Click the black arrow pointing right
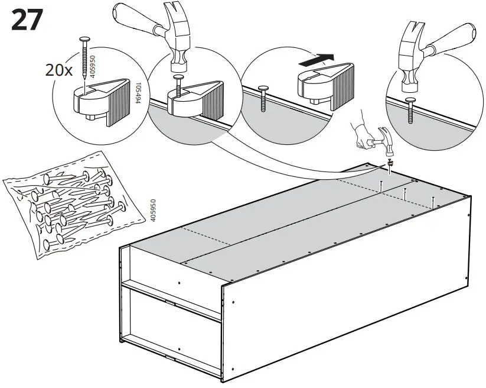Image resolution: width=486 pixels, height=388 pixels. pos(315,59)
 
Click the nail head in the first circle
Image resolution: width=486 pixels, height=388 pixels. pos(86,40)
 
